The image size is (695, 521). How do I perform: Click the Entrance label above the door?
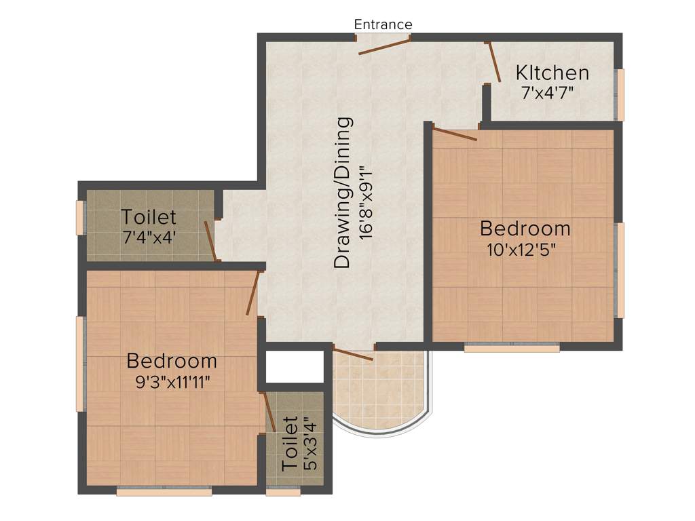pos(383,24)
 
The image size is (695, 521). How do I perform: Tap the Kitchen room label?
pos(552,73)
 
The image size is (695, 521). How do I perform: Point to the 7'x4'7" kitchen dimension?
pos(548,93)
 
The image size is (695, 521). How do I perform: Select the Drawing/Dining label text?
pos(344,193)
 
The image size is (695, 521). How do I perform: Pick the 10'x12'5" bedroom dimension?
pos(521,250)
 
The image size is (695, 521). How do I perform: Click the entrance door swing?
pos(385,47)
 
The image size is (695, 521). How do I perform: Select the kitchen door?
pos(493,62)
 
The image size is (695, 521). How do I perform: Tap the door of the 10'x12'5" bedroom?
pos(454,134)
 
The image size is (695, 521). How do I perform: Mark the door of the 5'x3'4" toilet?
pos(269,411)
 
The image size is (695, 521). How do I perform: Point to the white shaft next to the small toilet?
pos(294,367)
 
